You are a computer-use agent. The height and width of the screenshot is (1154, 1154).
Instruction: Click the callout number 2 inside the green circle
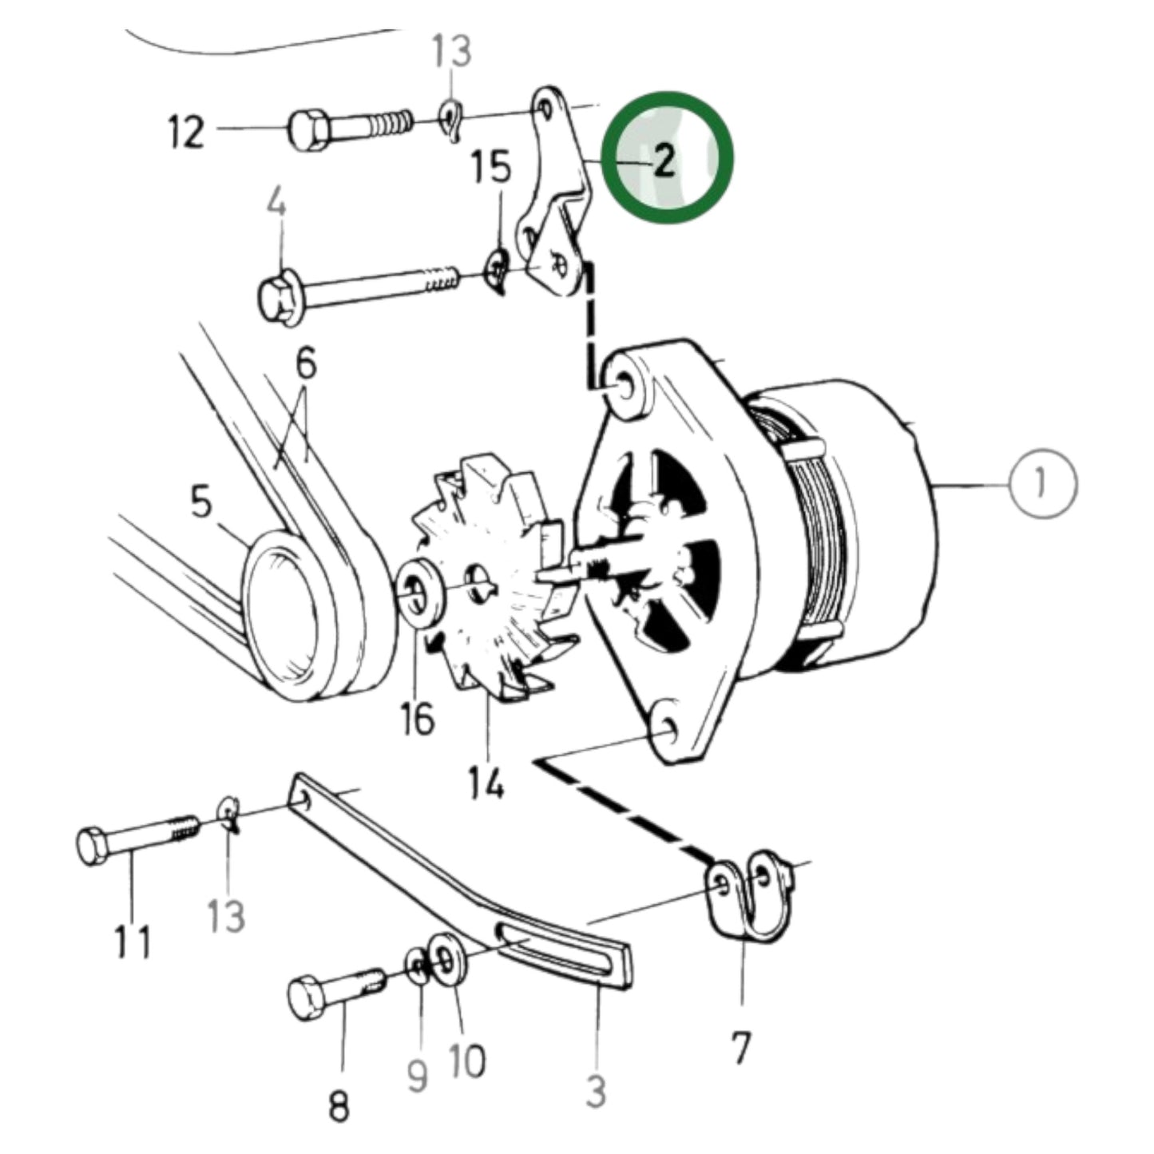coord(664,161)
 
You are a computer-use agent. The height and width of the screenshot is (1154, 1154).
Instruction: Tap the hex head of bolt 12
coord(306,130)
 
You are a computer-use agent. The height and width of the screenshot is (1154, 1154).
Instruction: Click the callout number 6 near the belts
coord(305,364)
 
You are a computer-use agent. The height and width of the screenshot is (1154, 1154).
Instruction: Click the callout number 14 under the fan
coord(487,783)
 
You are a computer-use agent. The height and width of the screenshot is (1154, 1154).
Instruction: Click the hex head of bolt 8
coord(306,997)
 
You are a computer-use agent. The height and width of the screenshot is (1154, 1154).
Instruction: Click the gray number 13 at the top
coord(452,52)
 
